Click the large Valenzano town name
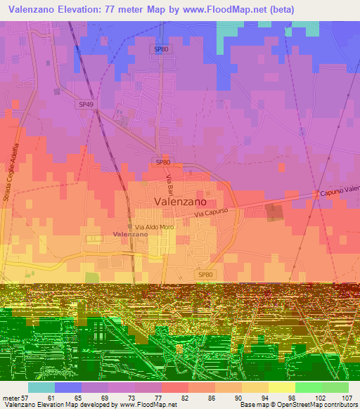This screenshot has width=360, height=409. tap(180, 201)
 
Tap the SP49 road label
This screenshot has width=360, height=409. tap(86, 104)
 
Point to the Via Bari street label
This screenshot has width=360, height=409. tap(169, 186)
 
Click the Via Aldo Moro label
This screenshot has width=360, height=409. tap(154, 226)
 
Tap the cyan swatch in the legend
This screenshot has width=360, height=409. tap(41, 387)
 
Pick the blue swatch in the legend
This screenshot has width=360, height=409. tap(68, 387)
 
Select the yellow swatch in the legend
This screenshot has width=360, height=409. tap(282, 387)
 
